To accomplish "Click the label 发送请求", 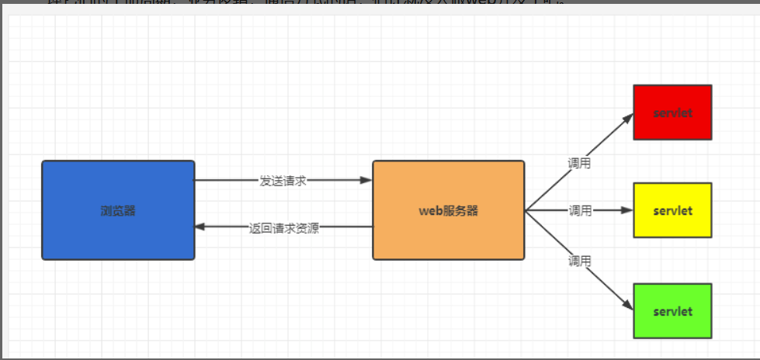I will (283, 181).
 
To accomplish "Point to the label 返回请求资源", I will (283, 228).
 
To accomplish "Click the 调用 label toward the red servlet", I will (579, 163).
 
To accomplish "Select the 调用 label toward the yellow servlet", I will (580, 210).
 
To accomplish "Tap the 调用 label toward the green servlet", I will (579, 261).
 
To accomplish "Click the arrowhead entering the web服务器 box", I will (366, 180).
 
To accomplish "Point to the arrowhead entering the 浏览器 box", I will (200, 227).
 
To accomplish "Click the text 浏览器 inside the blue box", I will (118, 210).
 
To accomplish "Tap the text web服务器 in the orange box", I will (449, 210).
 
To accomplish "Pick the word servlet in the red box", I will (672, 112).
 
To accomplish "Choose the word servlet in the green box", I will (672, 311).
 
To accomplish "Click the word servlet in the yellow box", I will (672, 210).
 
